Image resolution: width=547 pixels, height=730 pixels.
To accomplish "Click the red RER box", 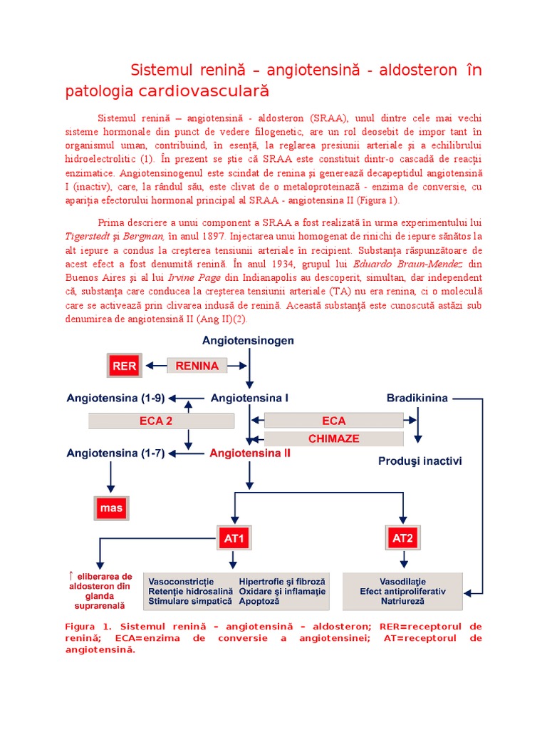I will (123, 366).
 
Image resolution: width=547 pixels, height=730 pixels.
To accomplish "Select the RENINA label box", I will (197, 366).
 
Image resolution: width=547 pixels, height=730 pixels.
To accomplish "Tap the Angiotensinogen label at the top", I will (248, 341).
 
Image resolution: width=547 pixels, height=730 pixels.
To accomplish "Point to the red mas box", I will (112, 508).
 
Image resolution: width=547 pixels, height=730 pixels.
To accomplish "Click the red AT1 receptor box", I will (234, 538).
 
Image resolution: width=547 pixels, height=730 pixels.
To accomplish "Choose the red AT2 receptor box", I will (402, 538).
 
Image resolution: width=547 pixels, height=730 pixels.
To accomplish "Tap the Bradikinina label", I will (417, 398).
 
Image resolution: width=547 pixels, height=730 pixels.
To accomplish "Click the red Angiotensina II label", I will (249, 453).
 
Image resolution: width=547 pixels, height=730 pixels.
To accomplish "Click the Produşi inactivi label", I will (420, 461).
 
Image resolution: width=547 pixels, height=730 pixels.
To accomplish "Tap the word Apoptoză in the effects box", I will (259, 602).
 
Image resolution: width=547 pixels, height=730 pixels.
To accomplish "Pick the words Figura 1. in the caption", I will (88, 626).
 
